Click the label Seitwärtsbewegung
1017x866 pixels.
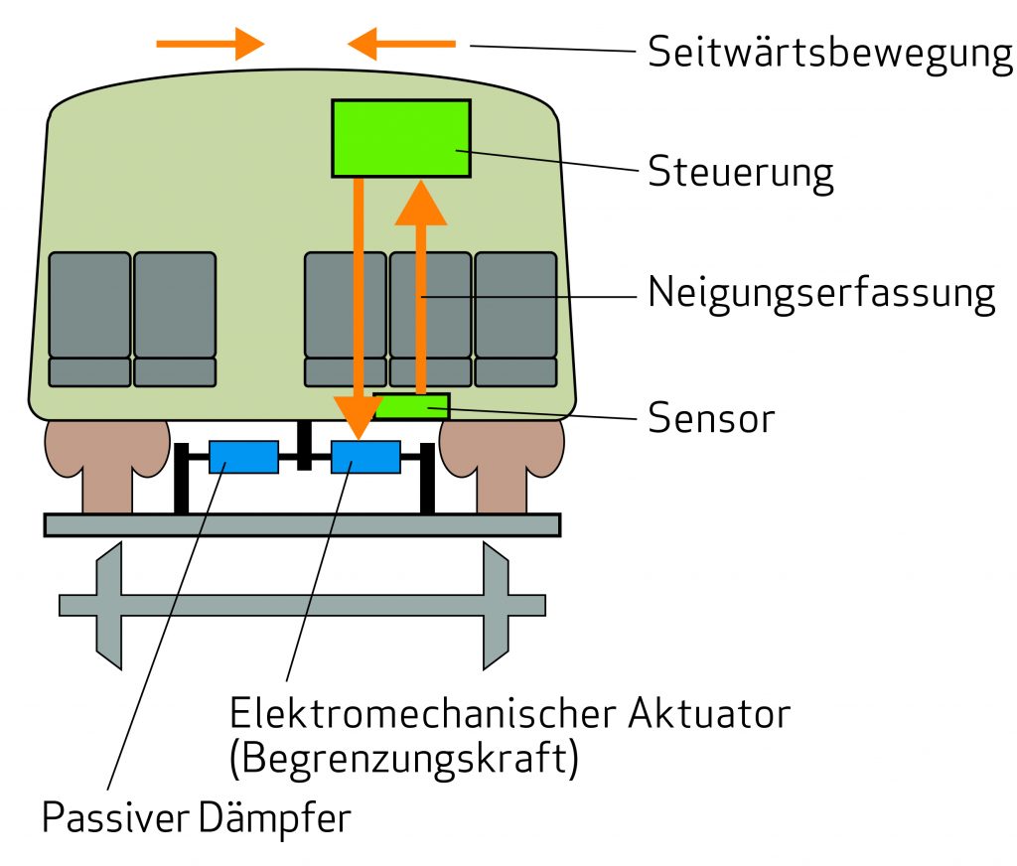(x=829, y=53)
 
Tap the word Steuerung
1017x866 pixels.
(x=740, y=172)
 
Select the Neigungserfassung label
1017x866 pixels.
(x=820, y=293)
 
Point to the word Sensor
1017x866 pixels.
(x=710, y=418)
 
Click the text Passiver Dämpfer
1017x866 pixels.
(x=197, y=819)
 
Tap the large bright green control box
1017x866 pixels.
(x=400, y=138)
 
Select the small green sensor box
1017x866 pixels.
(x=412, y=405)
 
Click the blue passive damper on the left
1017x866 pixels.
(x=243, y=457)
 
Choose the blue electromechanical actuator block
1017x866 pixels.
(x=365, y=457)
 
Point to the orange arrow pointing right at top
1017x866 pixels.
(x=211, y=44)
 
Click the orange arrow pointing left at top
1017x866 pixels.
(x=401, y=44)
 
